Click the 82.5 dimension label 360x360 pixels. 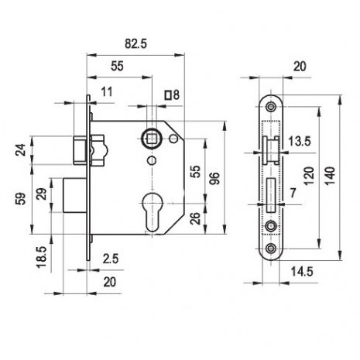135,43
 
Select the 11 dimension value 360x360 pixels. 107,92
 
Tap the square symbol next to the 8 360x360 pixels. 169,94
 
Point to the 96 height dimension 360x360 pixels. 214,178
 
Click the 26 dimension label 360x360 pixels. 196,218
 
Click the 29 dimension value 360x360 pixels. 43,194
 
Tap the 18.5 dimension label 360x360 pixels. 41,257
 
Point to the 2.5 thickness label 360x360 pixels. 111,259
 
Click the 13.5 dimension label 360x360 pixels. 300,142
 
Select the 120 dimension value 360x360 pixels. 309,177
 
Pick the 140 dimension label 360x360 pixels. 330,176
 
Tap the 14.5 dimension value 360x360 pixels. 302,272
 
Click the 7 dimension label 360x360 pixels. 293,193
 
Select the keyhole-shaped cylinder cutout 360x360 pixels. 153,212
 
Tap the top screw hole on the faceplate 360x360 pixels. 271,107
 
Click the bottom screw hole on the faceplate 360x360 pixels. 271,249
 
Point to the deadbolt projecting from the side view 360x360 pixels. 75,195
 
